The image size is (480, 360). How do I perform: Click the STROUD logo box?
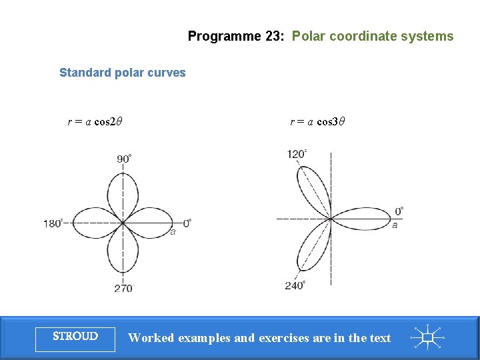click(x=75, y=337)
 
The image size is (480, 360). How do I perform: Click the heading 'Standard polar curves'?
click(x=122, y=73)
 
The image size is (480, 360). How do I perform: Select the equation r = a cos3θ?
click(x=317, y=122)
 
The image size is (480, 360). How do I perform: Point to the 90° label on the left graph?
click(x=124, y=159)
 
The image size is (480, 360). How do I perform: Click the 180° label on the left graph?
click(x=53, y=223)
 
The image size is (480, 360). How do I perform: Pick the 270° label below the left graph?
click(x=123, y=288)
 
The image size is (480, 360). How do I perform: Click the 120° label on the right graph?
click(x=297, y=154)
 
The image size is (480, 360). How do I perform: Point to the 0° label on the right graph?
click(x=399, y=211)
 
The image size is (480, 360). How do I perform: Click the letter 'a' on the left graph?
click(x=173, y=232)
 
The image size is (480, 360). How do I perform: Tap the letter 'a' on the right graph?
click(x=395, y=225)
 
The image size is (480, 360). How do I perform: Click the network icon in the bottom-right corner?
click(x=427, y=337)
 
